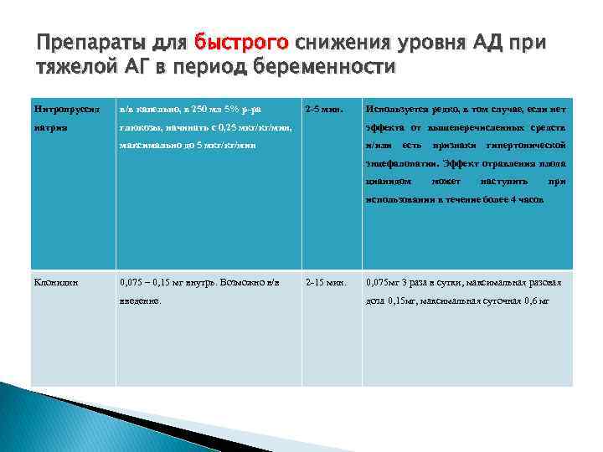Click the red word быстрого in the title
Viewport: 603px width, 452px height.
click(x=240, y=42)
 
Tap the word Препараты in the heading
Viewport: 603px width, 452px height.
click(x=84, y=42)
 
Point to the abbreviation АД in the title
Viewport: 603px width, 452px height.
click(x=481, y=42)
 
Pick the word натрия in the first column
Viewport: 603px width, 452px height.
click(x=49, y=127)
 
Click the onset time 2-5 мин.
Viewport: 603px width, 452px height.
click(x=323, y=109)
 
